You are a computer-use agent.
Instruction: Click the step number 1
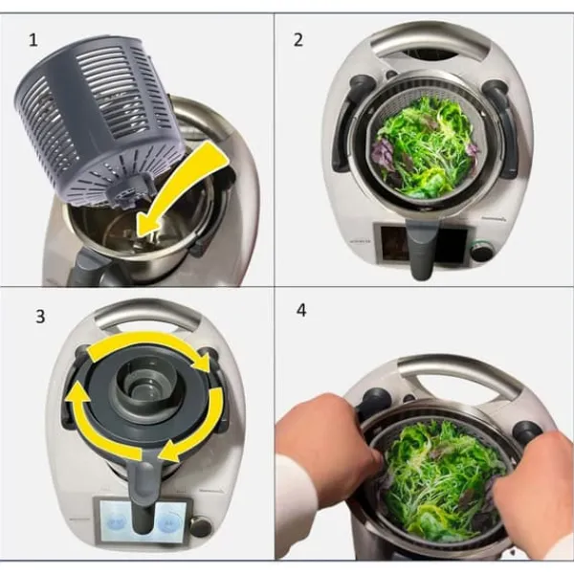click(33, 40)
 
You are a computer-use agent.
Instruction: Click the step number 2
click(298, 40)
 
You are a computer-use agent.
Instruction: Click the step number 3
click(40, 317)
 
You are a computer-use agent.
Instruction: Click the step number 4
click(301, 310)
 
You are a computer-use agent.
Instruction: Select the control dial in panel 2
click(481, 251)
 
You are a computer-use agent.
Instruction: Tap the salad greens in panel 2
click(425, 146)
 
